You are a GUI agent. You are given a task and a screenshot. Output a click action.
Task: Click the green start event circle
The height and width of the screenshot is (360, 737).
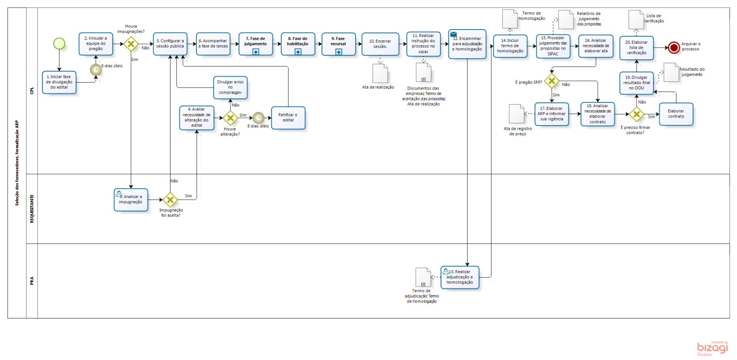59,43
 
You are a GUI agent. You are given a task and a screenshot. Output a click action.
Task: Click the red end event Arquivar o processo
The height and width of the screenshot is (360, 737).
674,48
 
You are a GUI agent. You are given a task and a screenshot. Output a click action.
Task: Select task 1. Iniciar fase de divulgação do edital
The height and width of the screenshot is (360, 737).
59,82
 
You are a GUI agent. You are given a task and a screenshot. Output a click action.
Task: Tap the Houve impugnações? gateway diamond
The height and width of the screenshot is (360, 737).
131,44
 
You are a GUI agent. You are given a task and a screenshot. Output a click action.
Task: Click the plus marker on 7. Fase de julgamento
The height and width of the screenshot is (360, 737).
256,52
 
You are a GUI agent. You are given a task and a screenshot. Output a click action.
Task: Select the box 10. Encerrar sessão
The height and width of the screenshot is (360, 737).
380,44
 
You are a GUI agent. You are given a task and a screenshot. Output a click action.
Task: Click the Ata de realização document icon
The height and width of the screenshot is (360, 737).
380,73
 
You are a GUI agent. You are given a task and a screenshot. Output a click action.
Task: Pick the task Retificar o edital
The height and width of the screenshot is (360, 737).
288,117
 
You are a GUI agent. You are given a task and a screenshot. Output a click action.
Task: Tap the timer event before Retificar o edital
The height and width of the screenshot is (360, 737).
258,118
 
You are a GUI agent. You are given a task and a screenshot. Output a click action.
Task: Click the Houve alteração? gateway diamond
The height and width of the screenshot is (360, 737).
230,118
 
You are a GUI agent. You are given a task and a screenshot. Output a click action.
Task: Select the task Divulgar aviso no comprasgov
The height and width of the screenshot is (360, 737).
230,87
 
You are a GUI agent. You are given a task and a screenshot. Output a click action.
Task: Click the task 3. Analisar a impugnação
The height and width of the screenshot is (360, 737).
131,200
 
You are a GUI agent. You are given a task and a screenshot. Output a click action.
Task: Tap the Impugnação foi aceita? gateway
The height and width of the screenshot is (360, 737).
170,200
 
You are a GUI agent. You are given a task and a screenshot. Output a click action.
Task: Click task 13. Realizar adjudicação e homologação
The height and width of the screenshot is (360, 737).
459,277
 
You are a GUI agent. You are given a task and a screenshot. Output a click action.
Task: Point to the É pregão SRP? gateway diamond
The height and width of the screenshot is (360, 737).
552,81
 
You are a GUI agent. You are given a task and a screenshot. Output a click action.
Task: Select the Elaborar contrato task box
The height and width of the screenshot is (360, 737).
676,114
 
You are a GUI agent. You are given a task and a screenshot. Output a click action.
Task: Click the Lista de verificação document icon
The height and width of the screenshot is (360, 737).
636,20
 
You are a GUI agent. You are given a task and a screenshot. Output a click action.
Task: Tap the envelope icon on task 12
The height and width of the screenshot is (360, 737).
453,35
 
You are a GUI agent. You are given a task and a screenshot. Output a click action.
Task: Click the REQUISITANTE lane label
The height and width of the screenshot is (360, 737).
32,208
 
